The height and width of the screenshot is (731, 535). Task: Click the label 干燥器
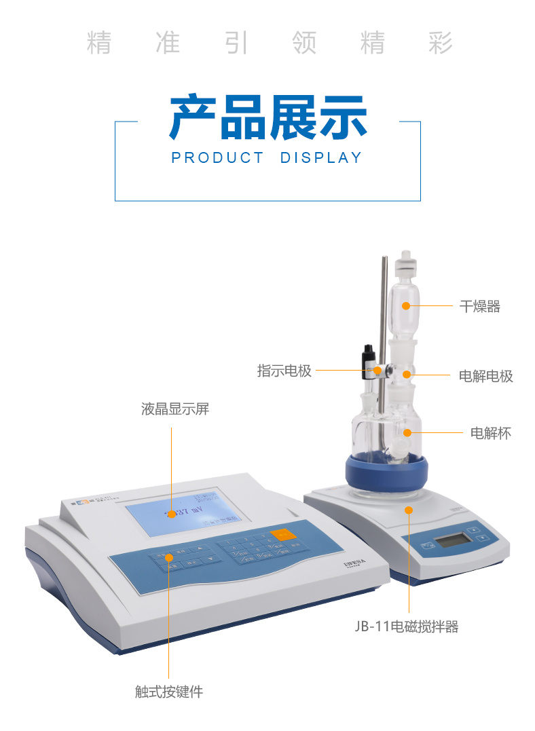tap(479, 306)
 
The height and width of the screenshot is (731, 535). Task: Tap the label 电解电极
tap(485, 376)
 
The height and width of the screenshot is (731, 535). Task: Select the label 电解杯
tap(490, 432)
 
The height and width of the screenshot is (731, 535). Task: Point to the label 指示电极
tap(284, 371)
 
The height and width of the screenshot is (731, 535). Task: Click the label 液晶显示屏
tap(174, 409)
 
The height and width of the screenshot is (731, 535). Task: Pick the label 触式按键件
tap(168, 692)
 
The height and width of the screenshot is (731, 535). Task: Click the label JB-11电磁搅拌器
tap(406, 627)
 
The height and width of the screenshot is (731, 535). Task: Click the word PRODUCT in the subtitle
tap(217, 158)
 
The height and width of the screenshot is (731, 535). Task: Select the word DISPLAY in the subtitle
tap(321, 158)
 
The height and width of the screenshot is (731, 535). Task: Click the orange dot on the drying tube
tap(407, 305)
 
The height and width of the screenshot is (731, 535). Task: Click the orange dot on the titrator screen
tap(172, 514)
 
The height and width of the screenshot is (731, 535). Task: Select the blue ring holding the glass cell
tap(386, 472)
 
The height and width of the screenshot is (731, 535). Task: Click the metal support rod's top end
tap(384, 261)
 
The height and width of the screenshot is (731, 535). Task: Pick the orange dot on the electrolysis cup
tap(407, 432)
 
